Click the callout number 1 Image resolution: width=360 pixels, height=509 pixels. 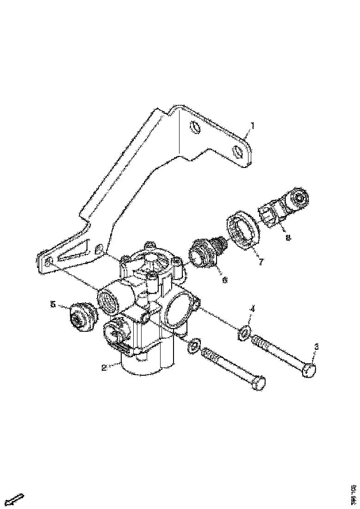252,125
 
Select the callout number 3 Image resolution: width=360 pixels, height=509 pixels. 316,346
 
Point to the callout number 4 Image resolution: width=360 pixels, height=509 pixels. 253,309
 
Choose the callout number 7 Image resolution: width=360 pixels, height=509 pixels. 261,262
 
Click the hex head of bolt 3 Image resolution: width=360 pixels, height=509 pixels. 310,371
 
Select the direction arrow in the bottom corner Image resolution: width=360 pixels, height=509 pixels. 17,499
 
